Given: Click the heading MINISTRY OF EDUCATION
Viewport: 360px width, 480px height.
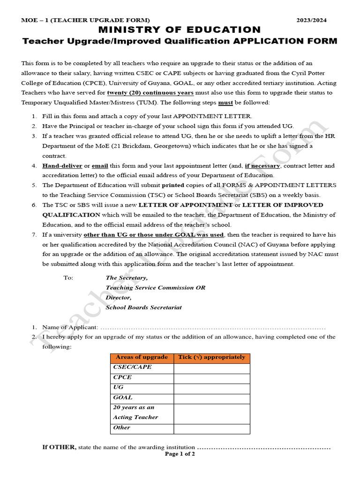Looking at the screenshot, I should [x=180, y=30].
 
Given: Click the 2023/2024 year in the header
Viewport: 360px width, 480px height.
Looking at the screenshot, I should [x=312, y=20].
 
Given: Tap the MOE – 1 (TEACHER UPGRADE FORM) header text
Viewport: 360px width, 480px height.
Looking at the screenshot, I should [x=85, y=20].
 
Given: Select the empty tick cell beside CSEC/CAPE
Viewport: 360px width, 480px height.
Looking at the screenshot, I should [x=211, y=368].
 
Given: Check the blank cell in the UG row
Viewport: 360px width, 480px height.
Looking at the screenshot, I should [x=211, y=389].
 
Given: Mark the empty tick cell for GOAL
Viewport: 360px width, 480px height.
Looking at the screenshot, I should [x=211, y=398].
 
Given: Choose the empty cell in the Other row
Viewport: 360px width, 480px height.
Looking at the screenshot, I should [x=211, y=428].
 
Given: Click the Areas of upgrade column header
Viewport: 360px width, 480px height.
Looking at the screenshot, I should [x=142, y=358].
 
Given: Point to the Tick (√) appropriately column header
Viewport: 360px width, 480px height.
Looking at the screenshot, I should [x=211, y=358].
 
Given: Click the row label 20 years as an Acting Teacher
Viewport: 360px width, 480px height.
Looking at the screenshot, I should [x=135, y=413].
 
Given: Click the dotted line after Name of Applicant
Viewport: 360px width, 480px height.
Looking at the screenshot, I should [x=213, y=327].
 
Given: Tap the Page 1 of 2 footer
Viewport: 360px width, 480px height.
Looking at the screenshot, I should [x=180, y=454].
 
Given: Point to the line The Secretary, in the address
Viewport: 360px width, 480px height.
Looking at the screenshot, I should [x=127, y=277].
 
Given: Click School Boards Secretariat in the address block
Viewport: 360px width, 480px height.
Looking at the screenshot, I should [x=143, y=307].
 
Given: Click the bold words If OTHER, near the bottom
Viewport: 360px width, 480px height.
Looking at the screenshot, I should [x=59, y=447].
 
